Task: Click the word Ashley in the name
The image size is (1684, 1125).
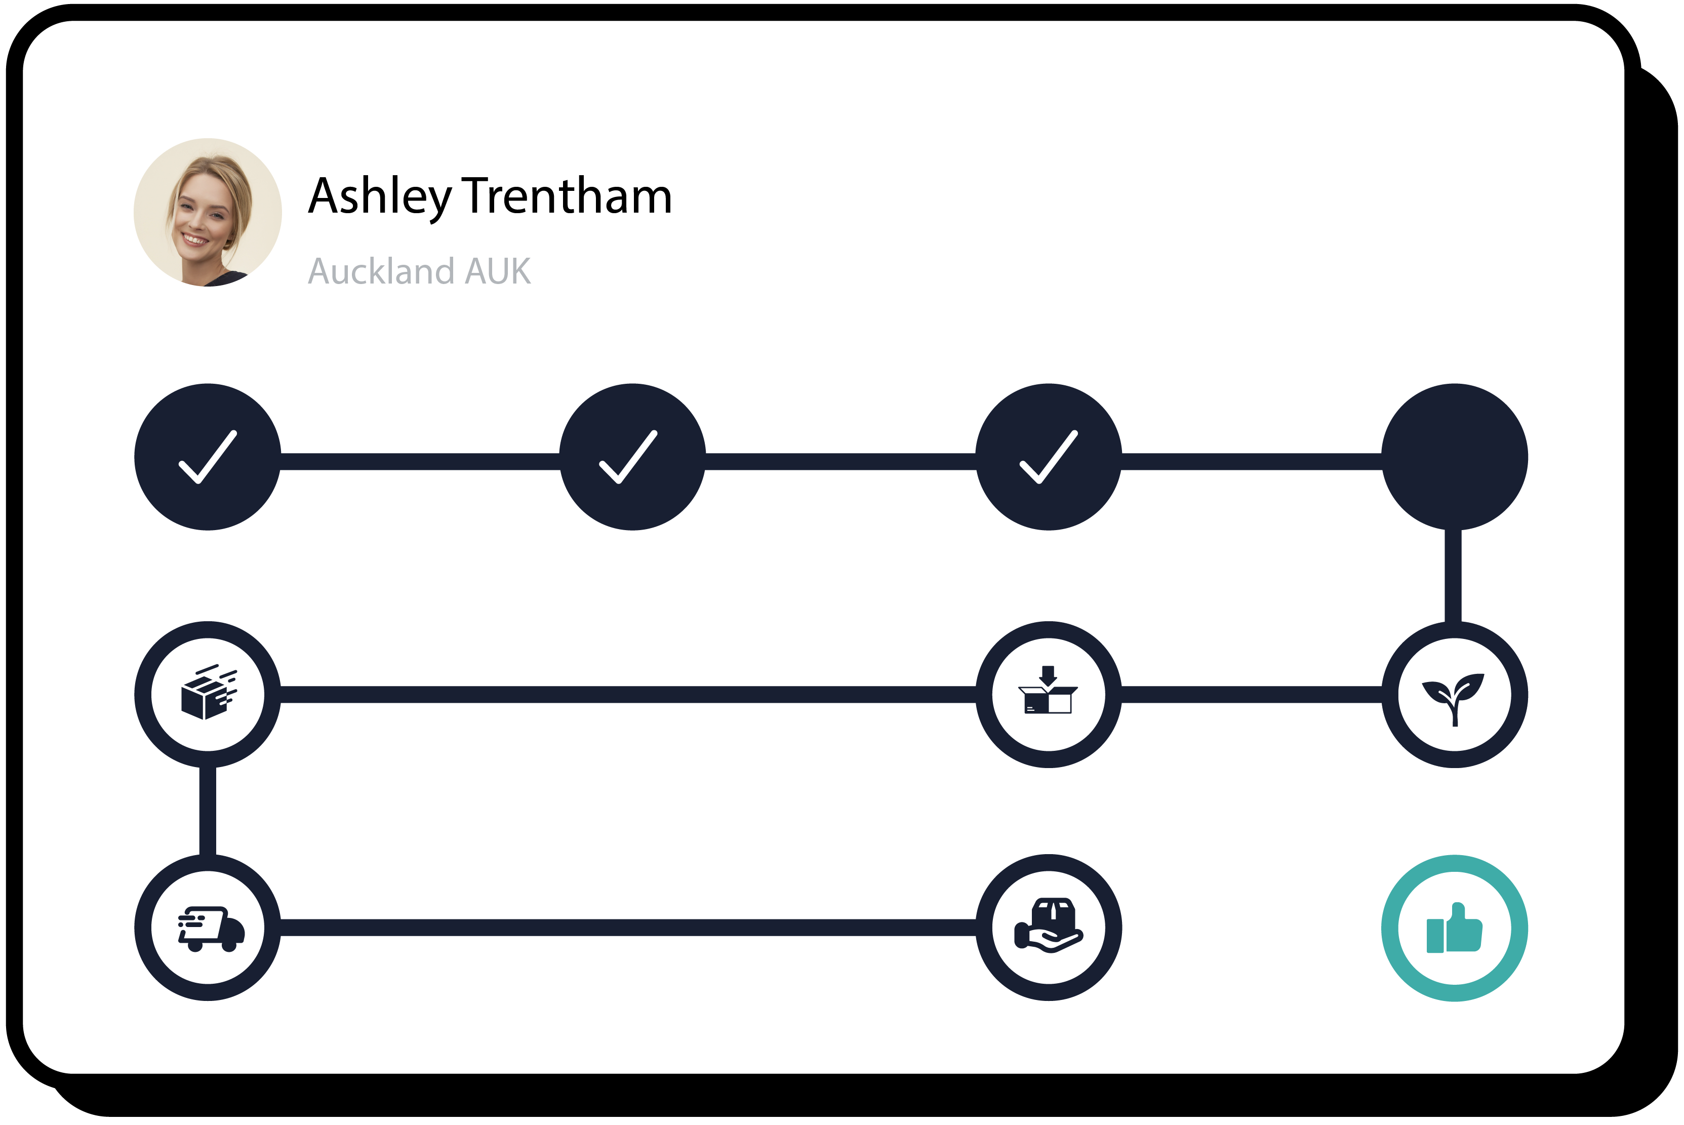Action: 379,196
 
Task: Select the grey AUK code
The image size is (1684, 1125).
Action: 498,271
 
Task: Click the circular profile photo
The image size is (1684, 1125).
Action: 208,212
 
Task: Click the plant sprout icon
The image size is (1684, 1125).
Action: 1455,695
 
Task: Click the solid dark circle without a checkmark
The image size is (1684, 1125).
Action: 1455,457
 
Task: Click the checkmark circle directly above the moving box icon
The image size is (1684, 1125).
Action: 208,457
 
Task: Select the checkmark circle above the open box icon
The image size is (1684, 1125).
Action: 1048,457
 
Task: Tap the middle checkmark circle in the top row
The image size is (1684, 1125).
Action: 632,457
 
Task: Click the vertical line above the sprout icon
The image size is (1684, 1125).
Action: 1453,576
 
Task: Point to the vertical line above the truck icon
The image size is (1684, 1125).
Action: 208,811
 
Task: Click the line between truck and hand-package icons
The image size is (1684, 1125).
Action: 628,928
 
